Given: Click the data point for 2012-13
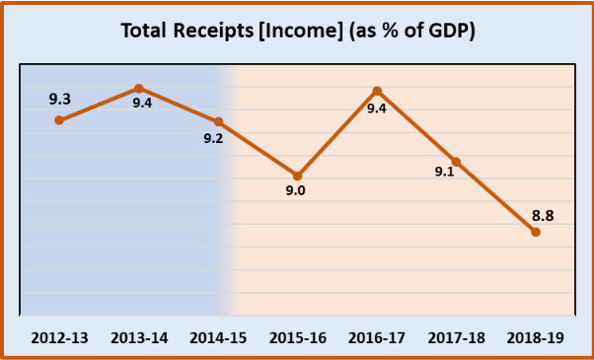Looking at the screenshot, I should pos(59,120).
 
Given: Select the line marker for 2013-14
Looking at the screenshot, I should pos(139,89).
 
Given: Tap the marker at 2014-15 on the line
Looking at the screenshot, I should pos(218,121).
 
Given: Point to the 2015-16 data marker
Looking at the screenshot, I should pos(297,175).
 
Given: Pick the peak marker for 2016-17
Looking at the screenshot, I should pos(377,91).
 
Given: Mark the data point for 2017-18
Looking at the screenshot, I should pos(456,161).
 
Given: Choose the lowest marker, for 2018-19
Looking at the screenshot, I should pos(536,232).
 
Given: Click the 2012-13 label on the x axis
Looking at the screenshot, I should pos(59,337).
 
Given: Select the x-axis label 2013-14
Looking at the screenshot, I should pos(139,337).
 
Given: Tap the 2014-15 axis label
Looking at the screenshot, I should pos(218,337).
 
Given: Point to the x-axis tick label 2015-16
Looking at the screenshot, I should pos(297,337).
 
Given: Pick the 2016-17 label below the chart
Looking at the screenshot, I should pos(377,337).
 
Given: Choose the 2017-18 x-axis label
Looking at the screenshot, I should pos(456,337).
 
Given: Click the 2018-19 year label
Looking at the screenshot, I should pos(536,337).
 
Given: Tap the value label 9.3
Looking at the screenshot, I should pos(59,99).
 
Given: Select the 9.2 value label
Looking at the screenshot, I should pos(213,139).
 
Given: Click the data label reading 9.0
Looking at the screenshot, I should pos(296,191).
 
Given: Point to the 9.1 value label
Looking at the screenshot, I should pos(445,172).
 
